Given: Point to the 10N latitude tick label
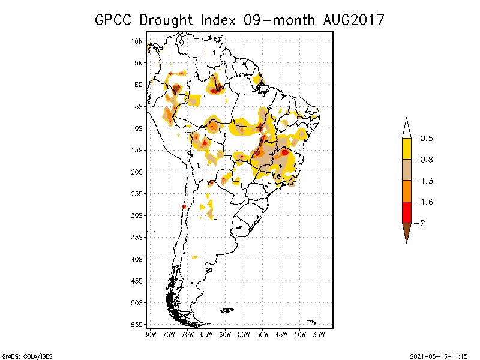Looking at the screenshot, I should pos(137,41).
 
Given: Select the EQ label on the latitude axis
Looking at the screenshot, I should pos(139,85).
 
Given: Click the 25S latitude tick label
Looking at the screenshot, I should pos(137,194).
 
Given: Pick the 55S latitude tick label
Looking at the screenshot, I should pos(137,325).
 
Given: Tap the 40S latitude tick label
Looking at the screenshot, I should pos(137,259).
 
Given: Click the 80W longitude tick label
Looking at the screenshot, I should pos(150,334).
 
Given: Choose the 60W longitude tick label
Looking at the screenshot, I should pos(225,334).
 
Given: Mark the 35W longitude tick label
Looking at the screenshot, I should pos(319,334).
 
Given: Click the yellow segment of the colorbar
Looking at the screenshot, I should pos(406,149).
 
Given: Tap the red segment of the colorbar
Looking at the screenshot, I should pos(406,212).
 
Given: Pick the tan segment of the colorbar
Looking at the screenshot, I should pos(406,170).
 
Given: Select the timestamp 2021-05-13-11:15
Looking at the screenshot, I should pos(439,355).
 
